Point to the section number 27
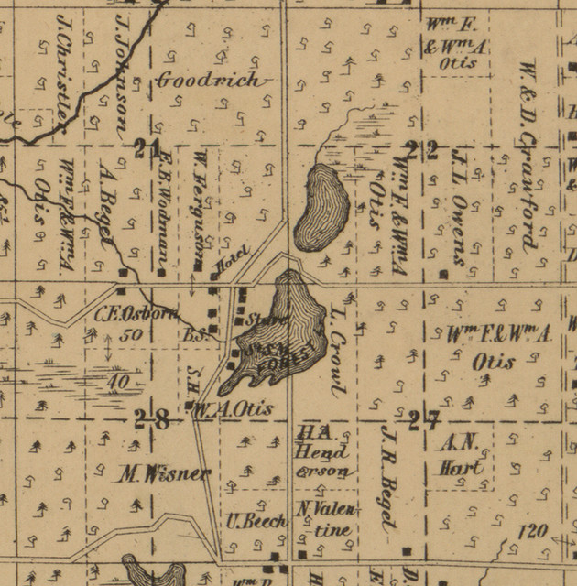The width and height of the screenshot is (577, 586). pyautogui.click(x=424, y=421)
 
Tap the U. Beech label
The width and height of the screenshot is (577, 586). pyautogui.click(x=256, y=521)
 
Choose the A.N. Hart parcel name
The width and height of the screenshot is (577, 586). pyautogui.click(x=460, y=455)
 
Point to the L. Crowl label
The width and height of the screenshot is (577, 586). pyautogui.click(x=334, y=353)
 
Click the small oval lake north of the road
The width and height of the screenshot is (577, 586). pyautogui.click(x=321, y=206)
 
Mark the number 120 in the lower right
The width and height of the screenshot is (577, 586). pyautogui.click(x=532, y=530)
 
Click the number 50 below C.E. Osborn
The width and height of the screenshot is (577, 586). pyautogui.click(x=130, y=334)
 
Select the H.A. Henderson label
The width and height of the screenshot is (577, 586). pyautogui.click(x=321, y=452)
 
